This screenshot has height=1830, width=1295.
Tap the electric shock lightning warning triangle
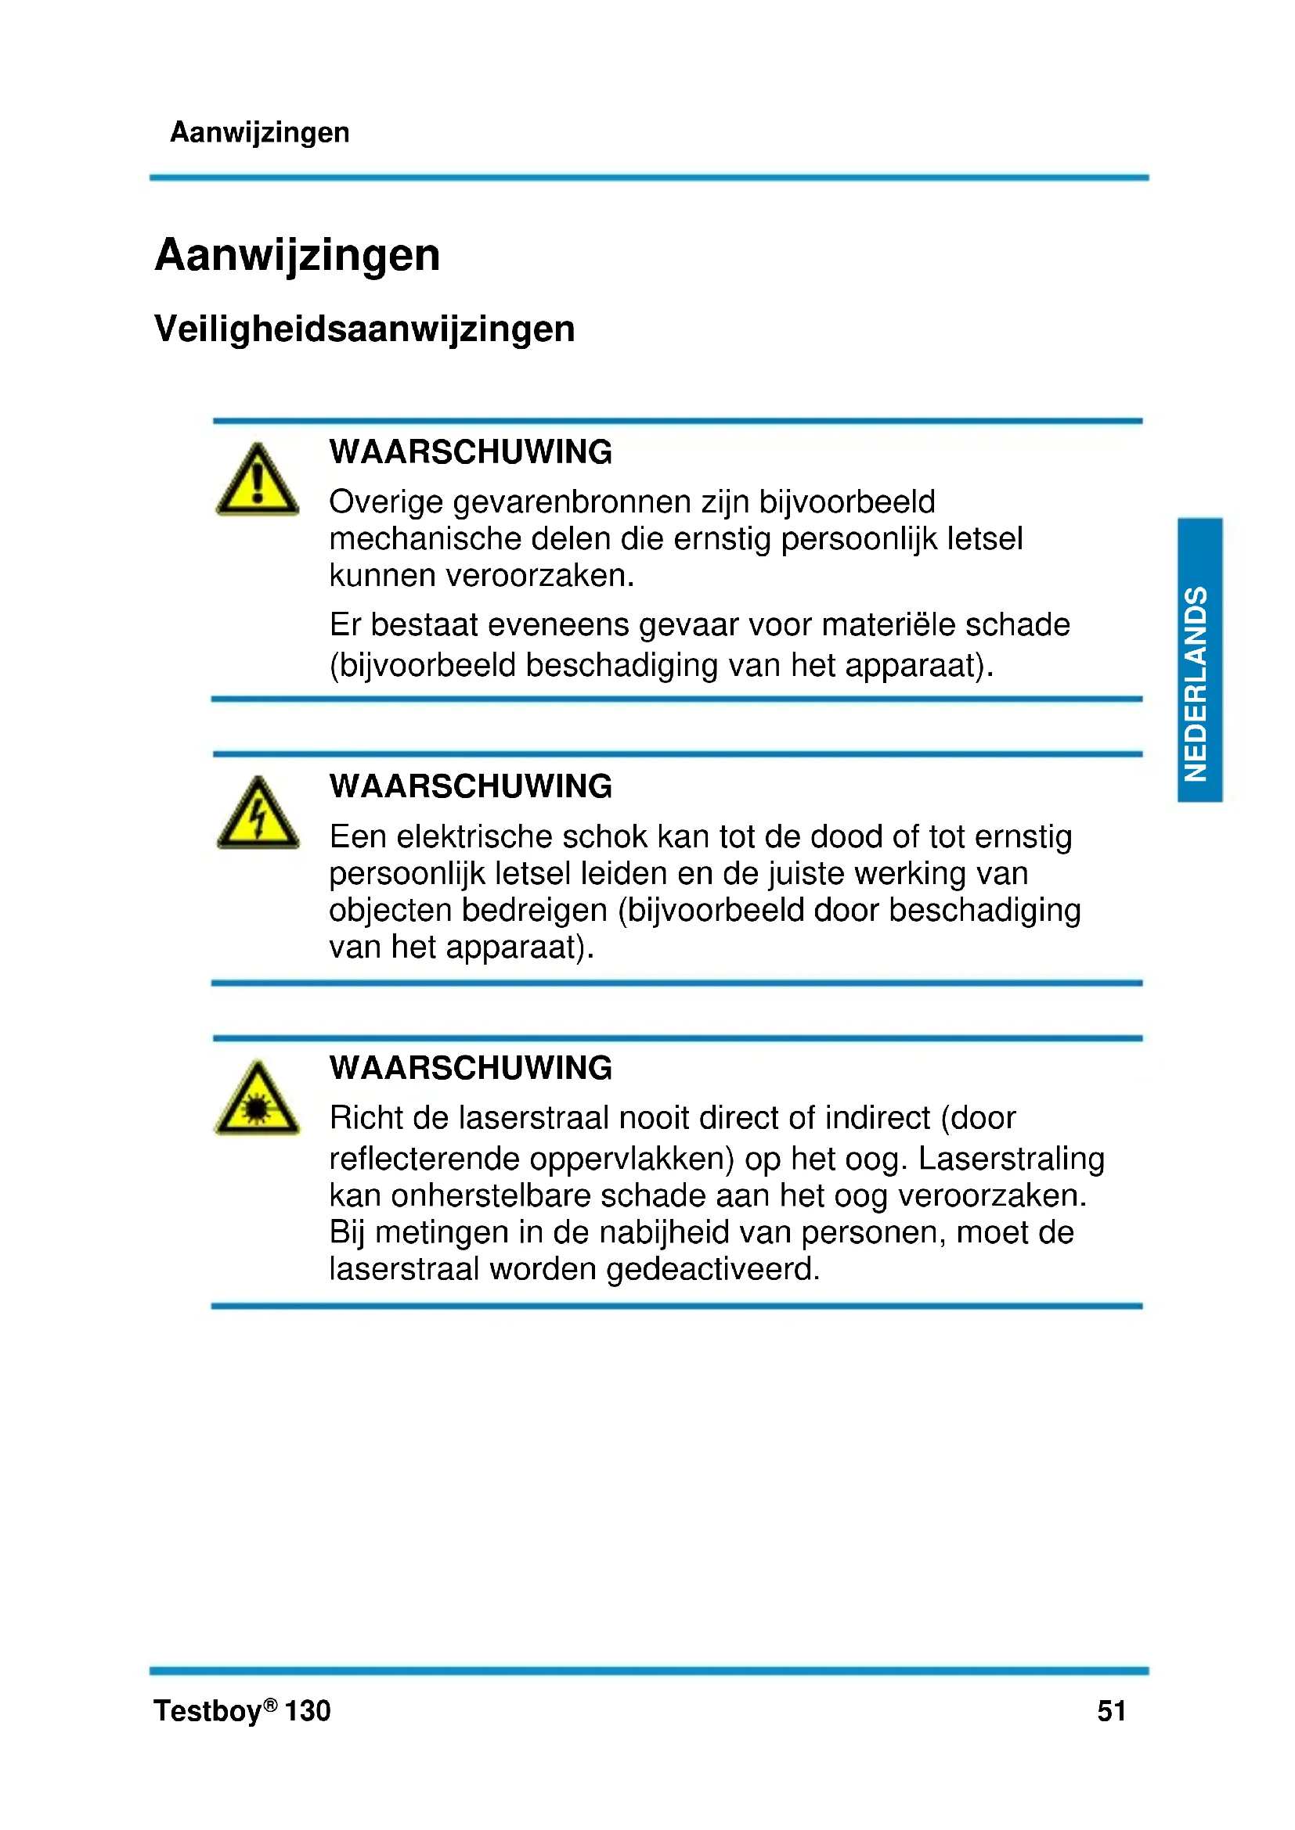click(x=258, y=814)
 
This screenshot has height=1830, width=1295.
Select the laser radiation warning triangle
click(x=258, y=1099)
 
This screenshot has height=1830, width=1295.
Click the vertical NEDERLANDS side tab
click(x=1199, y=660)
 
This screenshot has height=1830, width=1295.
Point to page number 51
click(x=1111, y=1710)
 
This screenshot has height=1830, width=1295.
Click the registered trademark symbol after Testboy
click(x=271, y=1703)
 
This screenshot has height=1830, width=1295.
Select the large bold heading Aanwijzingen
click(x=298, y=255)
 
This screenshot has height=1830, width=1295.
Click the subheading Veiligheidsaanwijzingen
click(x=364, y=329)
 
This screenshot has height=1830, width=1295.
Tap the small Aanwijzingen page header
click(x=260, y=132)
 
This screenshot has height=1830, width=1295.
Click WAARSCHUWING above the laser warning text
click(x=471, y=1068)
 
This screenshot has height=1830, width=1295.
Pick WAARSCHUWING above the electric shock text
click(x=471, y=786)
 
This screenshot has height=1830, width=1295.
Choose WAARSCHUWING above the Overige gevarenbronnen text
click(x=471, y=452)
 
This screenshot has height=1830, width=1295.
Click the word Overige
click(x=386, y=503)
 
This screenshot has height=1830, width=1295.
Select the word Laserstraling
click(x=1010, y=1159)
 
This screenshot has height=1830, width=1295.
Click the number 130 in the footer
click(x=307, y=1711)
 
